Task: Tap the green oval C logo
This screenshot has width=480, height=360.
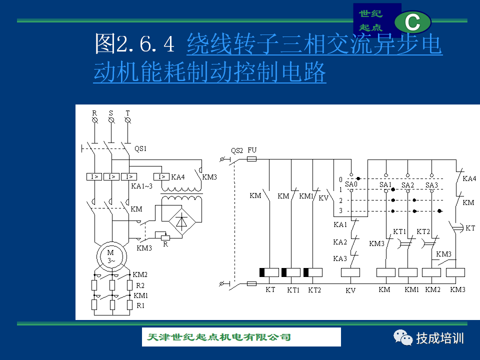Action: pos(412,22)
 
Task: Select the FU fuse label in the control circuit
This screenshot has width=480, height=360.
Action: pos(252,150)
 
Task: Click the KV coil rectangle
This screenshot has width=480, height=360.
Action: pos(350,272)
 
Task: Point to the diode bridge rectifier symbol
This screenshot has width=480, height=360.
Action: pos(181,221)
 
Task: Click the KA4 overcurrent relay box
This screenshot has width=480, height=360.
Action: pos(161,176)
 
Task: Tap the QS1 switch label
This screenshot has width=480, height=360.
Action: pos(140,149)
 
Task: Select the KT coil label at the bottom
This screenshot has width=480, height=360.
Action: pos(270,289)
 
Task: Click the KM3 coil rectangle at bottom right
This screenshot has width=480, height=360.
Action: pos(455,272)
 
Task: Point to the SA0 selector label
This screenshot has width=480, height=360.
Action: pos(351,184)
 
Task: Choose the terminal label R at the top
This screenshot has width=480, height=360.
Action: pos(94,113)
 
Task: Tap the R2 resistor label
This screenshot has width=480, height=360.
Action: pos(140,285)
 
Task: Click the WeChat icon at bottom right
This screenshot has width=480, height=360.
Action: pos(403,337)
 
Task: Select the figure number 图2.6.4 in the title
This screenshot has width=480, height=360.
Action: pos(134,44)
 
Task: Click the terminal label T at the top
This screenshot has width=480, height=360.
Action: pos(127,113)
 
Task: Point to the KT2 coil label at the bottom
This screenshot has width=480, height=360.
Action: pos(314,290)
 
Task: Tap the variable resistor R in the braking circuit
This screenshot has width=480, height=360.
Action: pos(165,237)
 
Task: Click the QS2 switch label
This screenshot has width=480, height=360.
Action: pos(237,150)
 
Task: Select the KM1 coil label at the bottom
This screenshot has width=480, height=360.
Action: pos(411,289)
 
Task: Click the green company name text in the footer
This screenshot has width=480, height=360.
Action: pos(219,337)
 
